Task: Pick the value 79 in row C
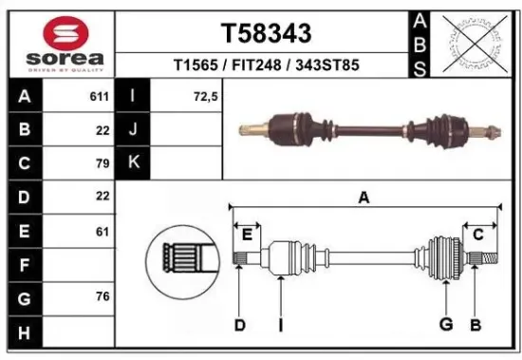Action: pyautogui.click(x=103, y=163)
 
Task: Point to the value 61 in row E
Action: pyautogui.click(x=103, y=230)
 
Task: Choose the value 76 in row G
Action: pyautogui.click(x=103, y=296)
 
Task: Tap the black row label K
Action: pyautogui.click(x=133, y=163)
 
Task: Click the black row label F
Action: pyautogui.click(x=24, y=264)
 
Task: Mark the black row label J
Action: pyautogui.click(x=133, y=130)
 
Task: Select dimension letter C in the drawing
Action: pyautogui.click(x=478, y=234)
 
